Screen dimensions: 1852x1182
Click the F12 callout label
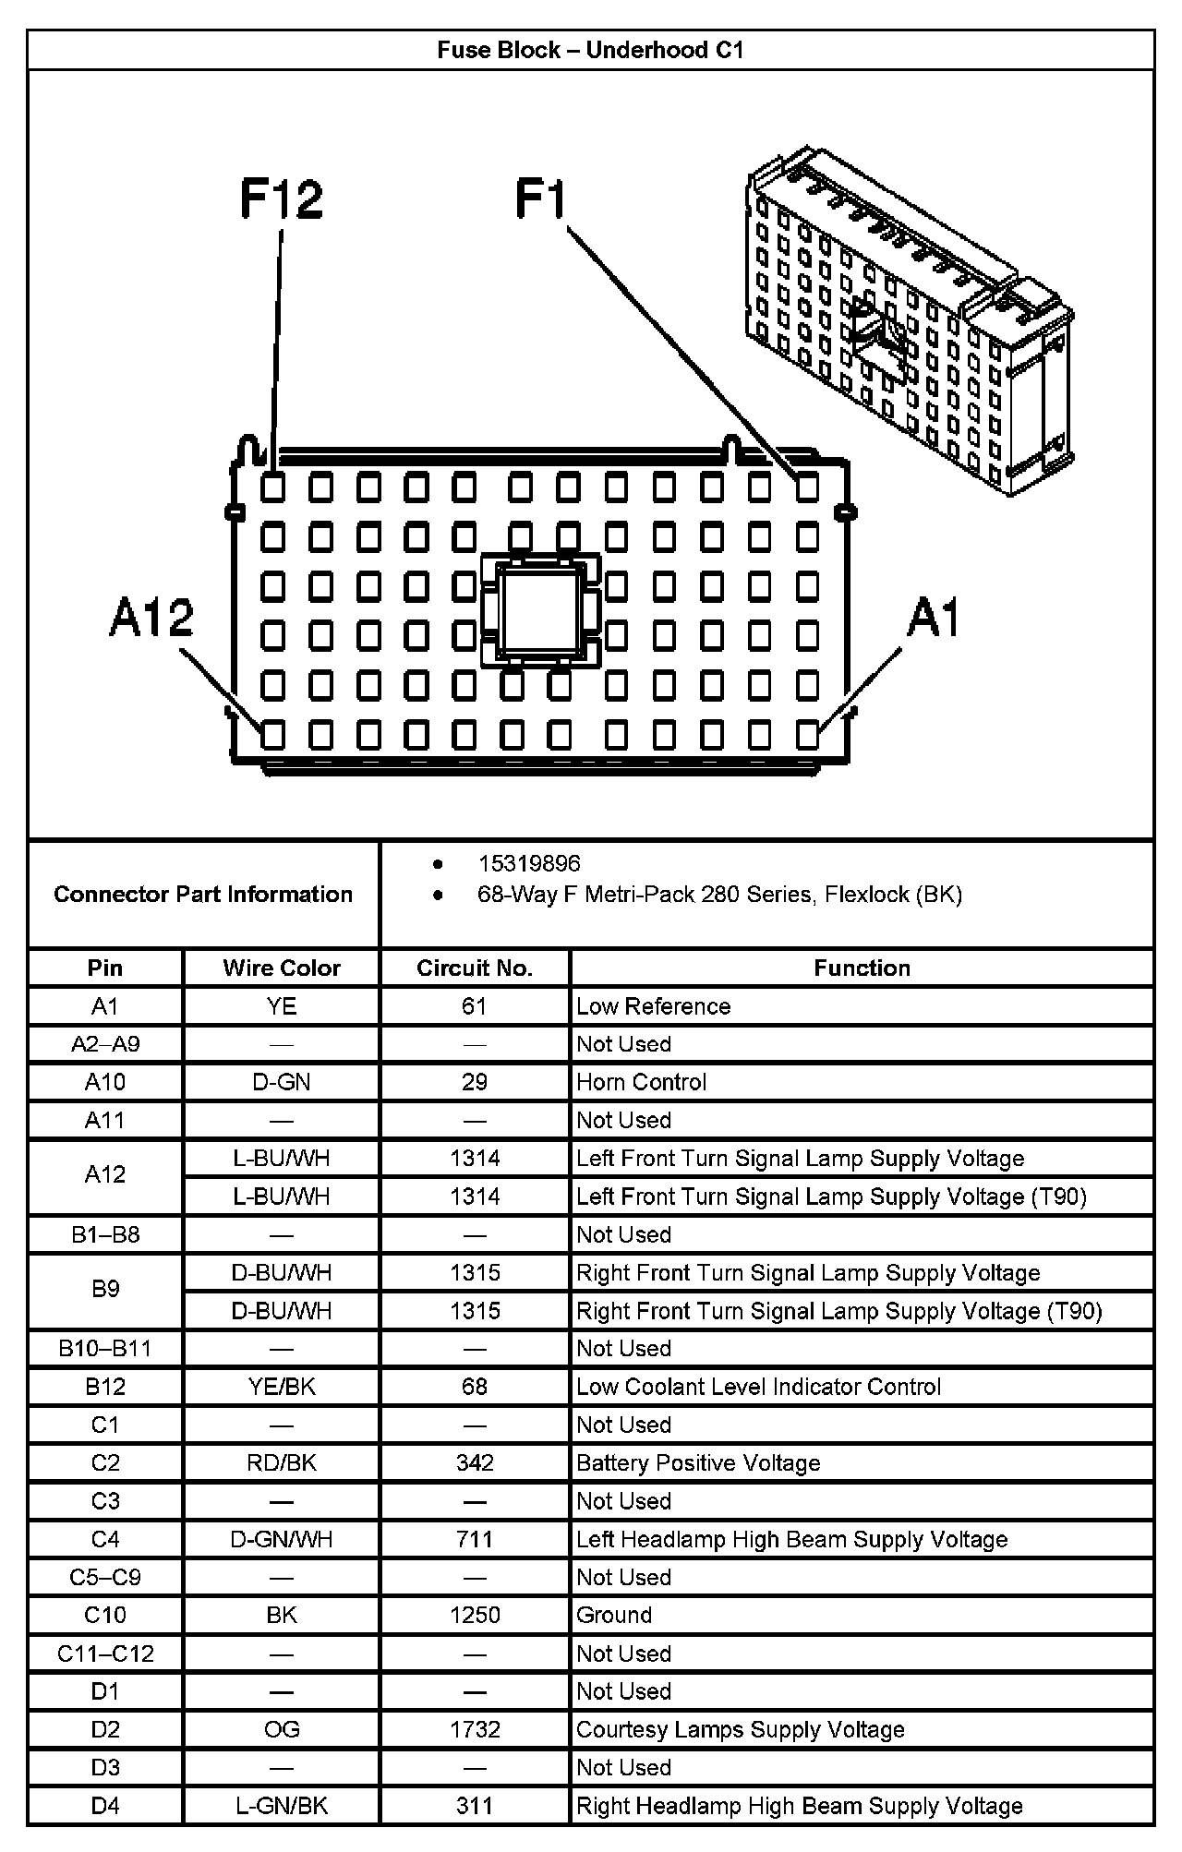pos(282,199)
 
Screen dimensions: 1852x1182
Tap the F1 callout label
pos(541,199)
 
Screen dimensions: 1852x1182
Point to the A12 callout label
pos(151,617)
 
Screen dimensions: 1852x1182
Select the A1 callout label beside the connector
pos(934,617)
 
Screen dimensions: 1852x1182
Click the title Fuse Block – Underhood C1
pos(590,50)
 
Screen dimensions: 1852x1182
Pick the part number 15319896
pos(529,863)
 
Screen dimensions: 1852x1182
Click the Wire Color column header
pos(282,968)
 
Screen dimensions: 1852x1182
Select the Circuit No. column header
pos(475,968)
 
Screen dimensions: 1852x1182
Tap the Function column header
pos(862,968)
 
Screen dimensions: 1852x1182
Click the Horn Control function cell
pos(641,1082)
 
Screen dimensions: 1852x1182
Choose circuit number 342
pos(475,1462)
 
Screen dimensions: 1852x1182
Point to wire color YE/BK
pos(282,1387)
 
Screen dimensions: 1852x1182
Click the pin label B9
pos(105,1289)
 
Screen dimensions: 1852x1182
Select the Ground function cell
pos(614,1615)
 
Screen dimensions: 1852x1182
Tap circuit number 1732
pos(475,1729)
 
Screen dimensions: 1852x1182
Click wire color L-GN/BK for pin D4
pos(282,1805)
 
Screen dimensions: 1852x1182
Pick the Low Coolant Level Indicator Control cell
pos(758,1387)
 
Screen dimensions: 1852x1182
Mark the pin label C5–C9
pos(105,1577)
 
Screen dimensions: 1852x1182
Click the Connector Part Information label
pos(203,894)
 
